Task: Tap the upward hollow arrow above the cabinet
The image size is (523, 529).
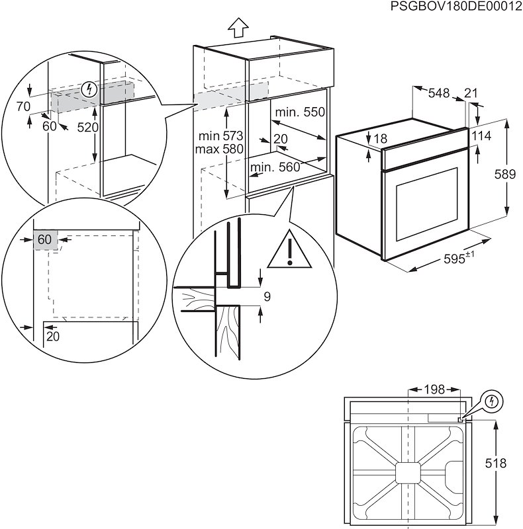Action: pos(237,28)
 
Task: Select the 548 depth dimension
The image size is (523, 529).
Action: pos(438,93)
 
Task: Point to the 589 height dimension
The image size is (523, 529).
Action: pos(505,175)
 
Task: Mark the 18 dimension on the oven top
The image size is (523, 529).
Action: pos(379,140)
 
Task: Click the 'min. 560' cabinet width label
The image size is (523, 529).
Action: pos(275,167)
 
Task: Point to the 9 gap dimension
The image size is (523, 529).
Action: pos(267,297)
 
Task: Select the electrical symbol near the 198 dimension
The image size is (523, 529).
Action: pos(492,401)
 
